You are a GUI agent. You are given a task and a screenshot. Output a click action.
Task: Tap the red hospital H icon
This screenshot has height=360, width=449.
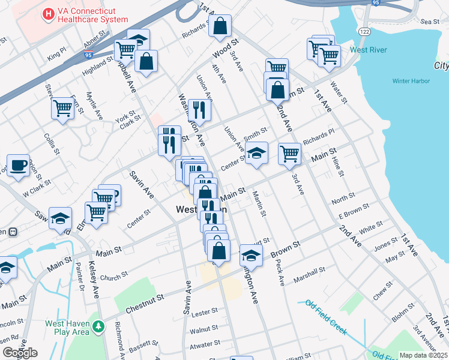tap(47, 13)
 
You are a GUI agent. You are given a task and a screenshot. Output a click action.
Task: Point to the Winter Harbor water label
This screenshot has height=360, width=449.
tap(410, 81)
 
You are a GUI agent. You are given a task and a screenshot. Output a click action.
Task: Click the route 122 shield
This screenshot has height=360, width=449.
tap(366, 29)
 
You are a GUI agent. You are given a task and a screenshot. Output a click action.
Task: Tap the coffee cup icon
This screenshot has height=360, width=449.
tap(18, 165)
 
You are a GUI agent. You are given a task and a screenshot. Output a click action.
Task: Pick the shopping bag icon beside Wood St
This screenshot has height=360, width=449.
tap(221, 26)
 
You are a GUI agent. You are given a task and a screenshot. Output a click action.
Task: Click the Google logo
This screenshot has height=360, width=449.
tap(20, 353)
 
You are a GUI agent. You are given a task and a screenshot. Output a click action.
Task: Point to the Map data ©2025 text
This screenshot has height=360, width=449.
tap(423, 355)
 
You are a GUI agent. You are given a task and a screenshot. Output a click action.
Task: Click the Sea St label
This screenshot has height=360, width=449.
tap(430, 22)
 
